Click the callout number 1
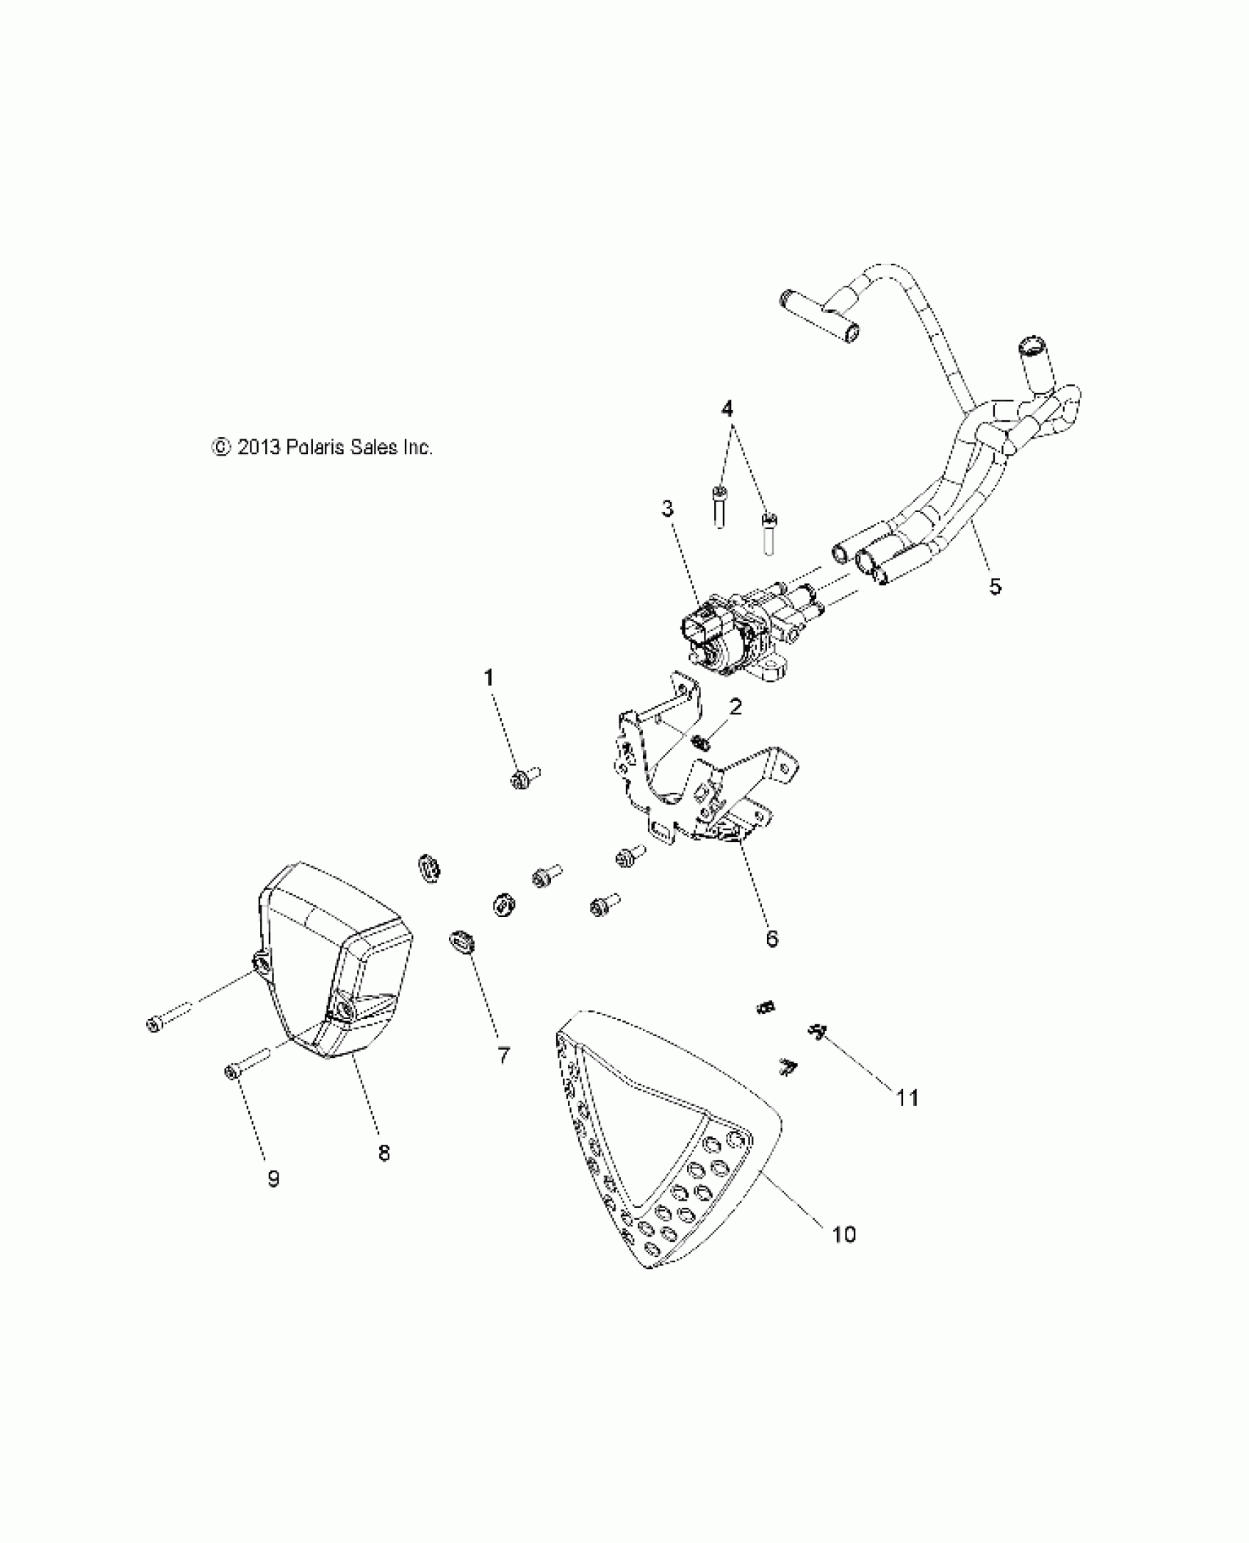tap(489, 677)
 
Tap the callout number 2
tap(735, 707)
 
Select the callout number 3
tap(667, 508)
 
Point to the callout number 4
tap(727, 409)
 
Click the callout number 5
tap(995, 586)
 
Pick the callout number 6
tap(771, 938)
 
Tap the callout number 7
tap(503, 1056)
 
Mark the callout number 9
tap(273, 1200)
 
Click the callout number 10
tap(845, 1234)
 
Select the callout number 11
tap(907, 1119)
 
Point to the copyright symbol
tap(219, 447)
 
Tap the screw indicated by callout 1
tap(523, 777)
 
